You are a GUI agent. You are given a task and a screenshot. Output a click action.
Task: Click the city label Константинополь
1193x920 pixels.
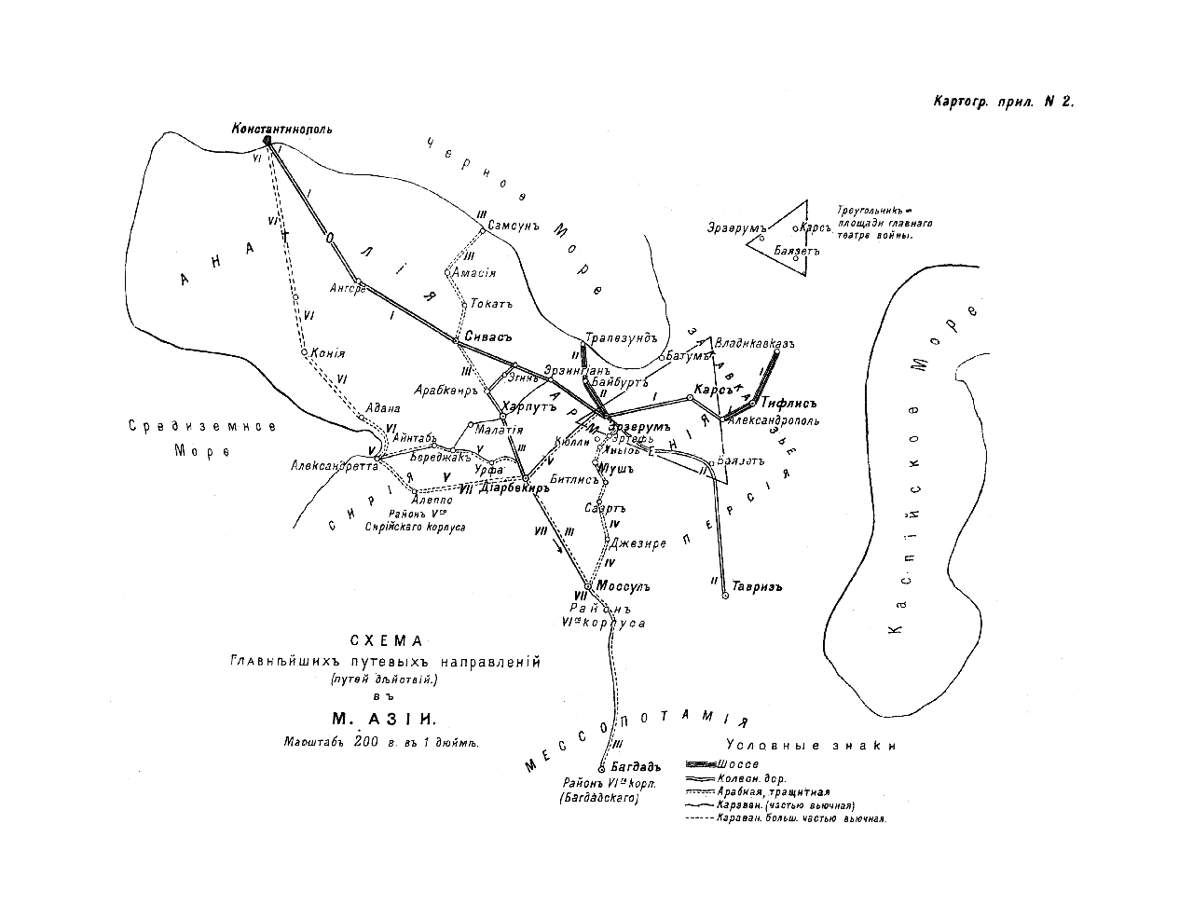point(281,129)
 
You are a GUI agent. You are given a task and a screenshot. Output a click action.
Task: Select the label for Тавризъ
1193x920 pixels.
point(756,587)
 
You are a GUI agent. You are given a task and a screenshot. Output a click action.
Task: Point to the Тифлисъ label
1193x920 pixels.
point(788,404)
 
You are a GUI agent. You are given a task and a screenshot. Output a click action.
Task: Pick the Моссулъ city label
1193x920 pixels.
point(622,587)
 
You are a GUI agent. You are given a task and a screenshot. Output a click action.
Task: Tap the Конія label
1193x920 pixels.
point(327,354)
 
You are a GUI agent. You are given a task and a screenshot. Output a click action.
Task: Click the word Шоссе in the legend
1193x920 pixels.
point(737,764)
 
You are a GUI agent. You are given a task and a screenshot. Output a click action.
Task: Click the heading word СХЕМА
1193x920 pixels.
point(386,641)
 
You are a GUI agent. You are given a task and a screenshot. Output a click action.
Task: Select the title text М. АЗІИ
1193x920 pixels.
point(383,719)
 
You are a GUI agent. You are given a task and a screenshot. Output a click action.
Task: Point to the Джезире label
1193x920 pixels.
point(639,543)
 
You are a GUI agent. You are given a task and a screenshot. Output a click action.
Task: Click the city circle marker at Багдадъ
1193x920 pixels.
point(602,768)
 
